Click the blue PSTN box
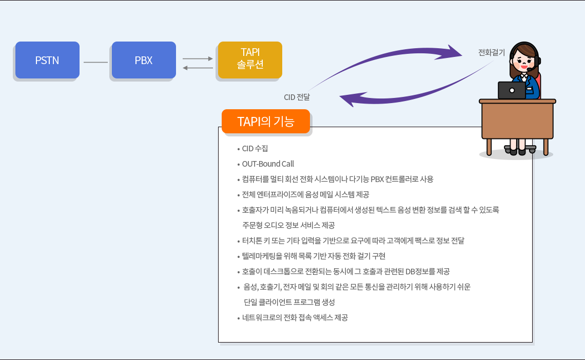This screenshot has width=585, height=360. point(47,60)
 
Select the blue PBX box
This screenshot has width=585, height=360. point(144,60)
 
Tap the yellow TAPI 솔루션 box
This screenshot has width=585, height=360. point(250,60)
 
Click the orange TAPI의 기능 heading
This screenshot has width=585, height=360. point(266,121)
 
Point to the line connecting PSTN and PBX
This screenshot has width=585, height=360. point(95,62)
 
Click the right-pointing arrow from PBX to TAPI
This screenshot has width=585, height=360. point(198,58)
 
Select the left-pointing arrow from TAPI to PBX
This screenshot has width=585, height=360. point(198,68)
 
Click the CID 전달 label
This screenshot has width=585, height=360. point(297,97)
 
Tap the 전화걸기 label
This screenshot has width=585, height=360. point(492,52)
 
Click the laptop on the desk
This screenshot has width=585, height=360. point(512,90)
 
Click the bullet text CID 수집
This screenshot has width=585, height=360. point(255,149)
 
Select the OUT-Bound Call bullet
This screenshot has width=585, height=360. point(268,164)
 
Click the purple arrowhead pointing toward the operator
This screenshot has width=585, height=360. point(454,52)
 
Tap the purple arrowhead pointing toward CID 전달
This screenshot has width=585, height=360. point(348,99)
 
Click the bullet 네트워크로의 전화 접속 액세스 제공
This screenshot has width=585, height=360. point(295,318)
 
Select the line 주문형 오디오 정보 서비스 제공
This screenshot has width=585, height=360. point(288,226)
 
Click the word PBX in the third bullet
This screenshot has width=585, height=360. point(377,179)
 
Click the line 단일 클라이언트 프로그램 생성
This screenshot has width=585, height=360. point(289,302)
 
